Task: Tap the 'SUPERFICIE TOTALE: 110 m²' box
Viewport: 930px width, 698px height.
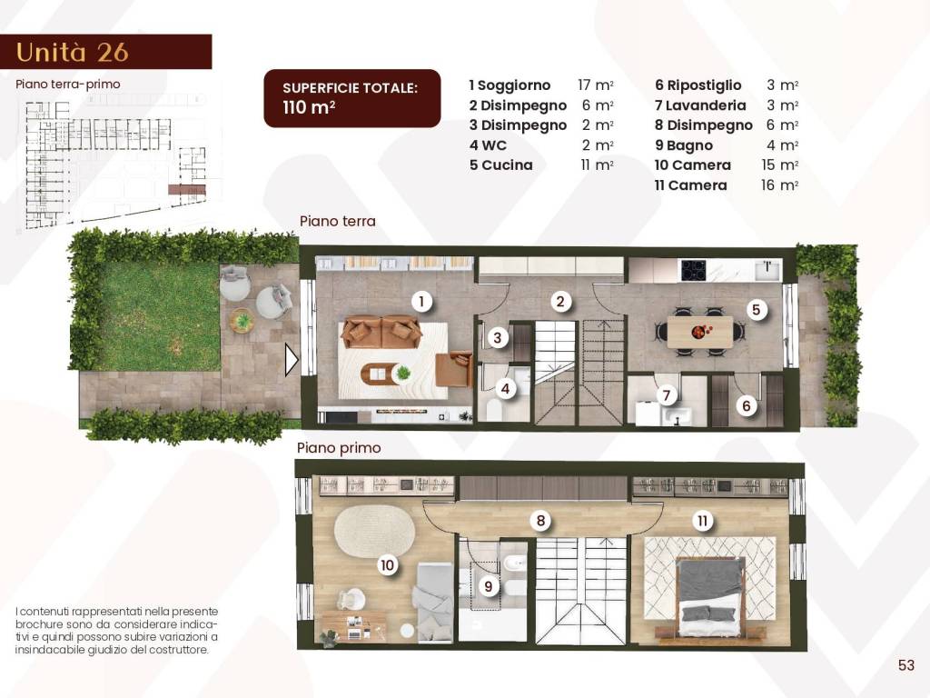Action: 351,98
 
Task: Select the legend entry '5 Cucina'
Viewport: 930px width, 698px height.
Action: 501,165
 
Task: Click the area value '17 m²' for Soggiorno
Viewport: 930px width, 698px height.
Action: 596,85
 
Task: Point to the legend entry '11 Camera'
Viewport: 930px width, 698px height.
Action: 691,185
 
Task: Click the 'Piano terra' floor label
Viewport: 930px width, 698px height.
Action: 338,221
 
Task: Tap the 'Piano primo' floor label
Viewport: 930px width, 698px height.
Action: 339,448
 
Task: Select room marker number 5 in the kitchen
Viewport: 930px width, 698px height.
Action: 756,310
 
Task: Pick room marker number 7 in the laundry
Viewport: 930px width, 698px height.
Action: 667,395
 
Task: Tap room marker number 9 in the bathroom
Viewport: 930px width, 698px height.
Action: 489,586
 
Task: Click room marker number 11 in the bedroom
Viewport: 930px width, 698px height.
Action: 702,521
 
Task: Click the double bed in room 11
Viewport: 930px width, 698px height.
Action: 710,595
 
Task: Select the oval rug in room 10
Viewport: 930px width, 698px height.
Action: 373,531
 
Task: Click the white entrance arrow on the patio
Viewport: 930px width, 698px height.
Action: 292,360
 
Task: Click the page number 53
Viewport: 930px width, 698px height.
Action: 905,665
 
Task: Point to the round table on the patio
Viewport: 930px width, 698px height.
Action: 242,320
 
